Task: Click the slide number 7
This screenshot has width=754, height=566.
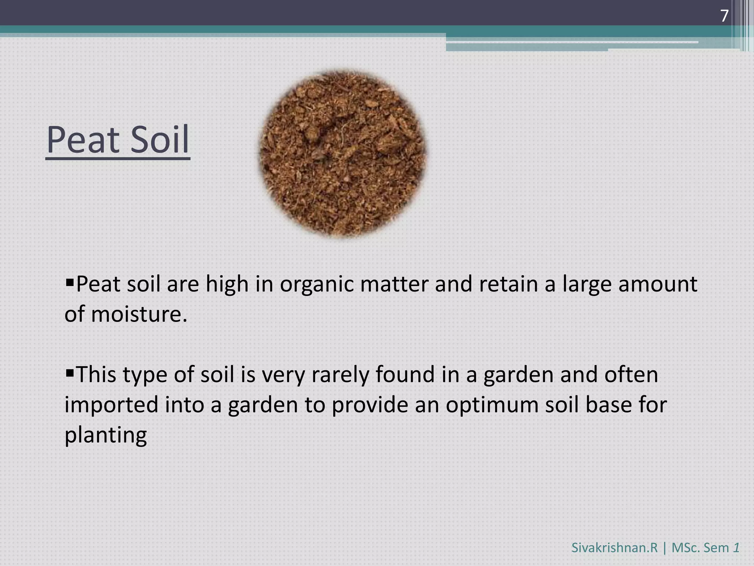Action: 724,16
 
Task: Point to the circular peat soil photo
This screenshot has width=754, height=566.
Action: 343,154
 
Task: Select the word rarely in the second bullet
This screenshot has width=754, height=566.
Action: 340,375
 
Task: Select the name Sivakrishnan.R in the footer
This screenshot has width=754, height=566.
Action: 614,548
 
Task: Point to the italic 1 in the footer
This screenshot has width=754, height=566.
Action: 736,548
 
